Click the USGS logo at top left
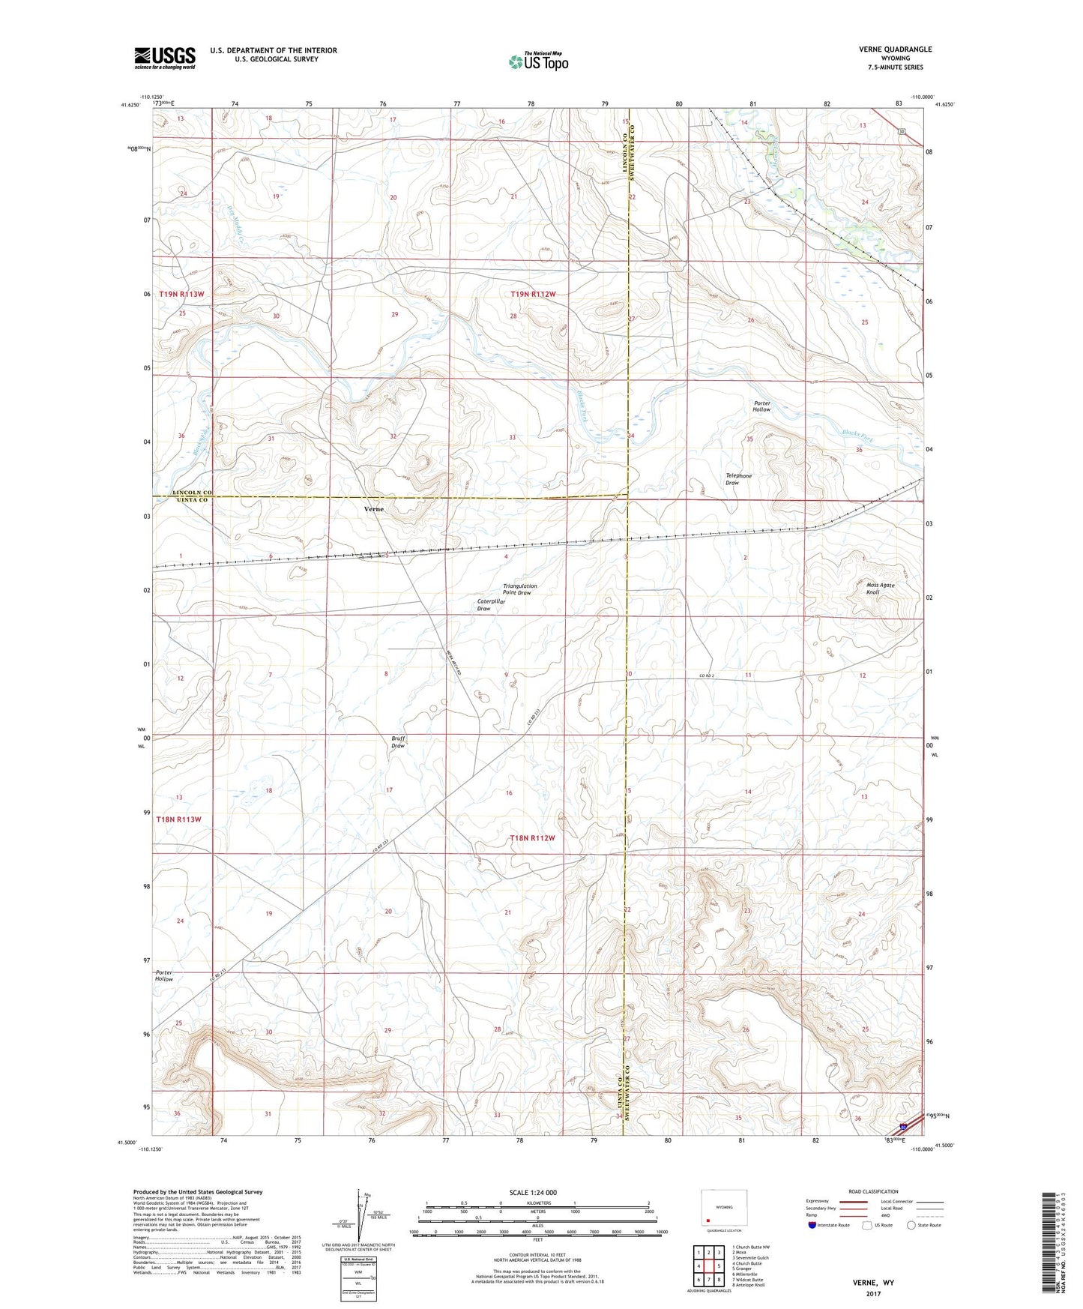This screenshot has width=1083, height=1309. [x=164, y=58]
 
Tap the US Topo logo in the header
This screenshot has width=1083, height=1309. [x=537, y=61]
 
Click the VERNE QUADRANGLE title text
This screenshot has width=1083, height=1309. [x=895, y=49]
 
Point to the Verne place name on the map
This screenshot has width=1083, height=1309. [x=373, y=509]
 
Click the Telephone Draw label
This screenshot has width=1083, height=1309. [x=738, y=479]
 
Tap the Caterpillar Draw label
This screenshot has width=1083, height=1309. [x=484, y=605]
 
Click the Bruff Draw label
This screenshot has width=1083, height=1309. [x=398, y=742]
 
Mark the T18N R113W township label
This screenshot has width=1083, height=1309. [x=179, y=819]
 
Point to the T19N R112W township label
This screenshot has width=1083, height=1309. [x=533, y=295]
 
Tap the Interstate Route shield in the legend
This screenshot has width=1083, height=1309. [x=812, y=1225]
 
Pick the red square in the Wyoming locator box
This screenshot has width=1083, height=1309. [x=708, y=1219]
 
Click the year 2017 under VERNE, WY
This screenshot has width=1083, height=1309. [x=873, y=1294]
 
